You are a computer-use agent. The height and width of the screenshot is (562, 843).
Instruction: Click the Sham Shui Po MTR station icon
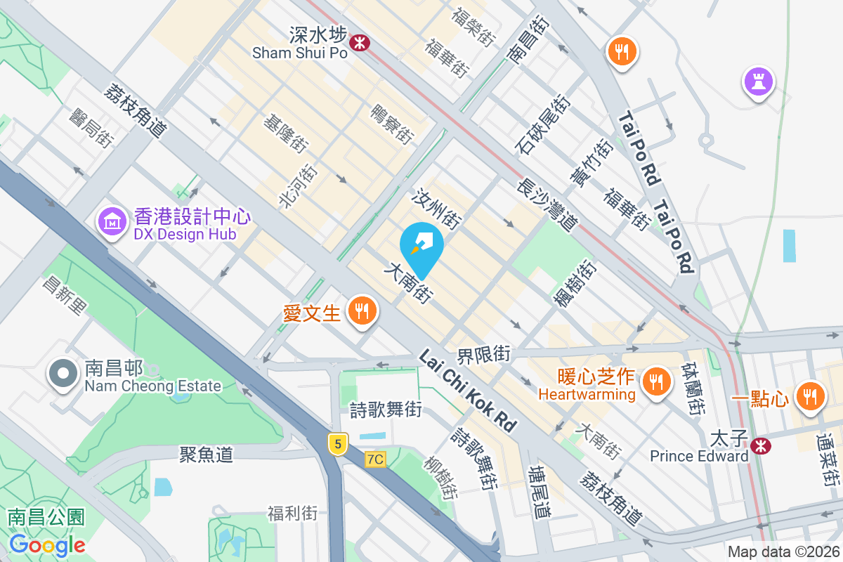click(x=360, y=42)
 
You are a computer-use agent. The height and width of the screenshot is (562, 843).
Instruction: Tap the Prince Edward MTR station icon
click(x=759, y=445)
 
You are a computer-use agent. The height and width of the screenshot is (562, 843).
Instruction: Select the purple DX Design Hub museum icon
click(x=111, y=223)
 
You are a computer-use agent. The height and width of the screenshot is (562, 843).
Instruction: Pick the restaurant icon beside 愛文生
click(x=362, y=310)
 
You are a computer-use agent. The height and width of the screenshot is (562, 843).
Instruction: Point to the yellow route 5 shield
click(x=338, y=443)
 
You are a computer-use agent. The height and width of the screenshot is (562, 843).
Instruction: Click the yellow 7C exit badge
click(x=376, y=459)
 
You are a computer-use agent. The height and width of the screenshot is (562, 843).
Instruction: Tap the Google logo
click(x=47, y=545)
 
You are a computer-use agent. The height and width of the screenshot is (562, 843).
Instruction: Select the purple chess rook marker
click(x=759, y=81)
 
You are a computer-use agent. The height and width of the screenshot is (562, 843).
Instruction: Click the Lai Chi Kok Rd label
click(x=467, y=391)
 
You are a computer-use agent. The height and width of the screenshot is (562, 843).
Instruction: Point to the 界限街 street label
click(x=483, y=353)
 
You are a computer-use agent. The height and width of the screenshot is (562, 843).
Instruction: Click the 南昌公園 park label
click(x=46, y=518)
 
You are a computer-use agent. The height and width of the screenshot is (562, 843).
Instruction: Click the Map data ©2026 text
click(x=783, y=552)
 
